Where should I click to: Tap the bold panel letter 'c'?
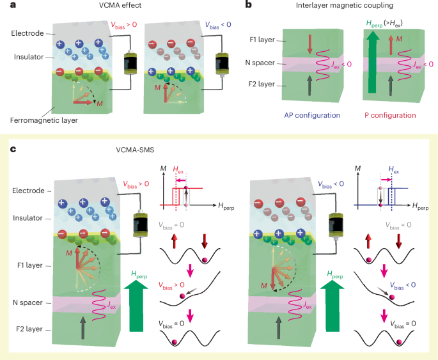click(x=13, y=150)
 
